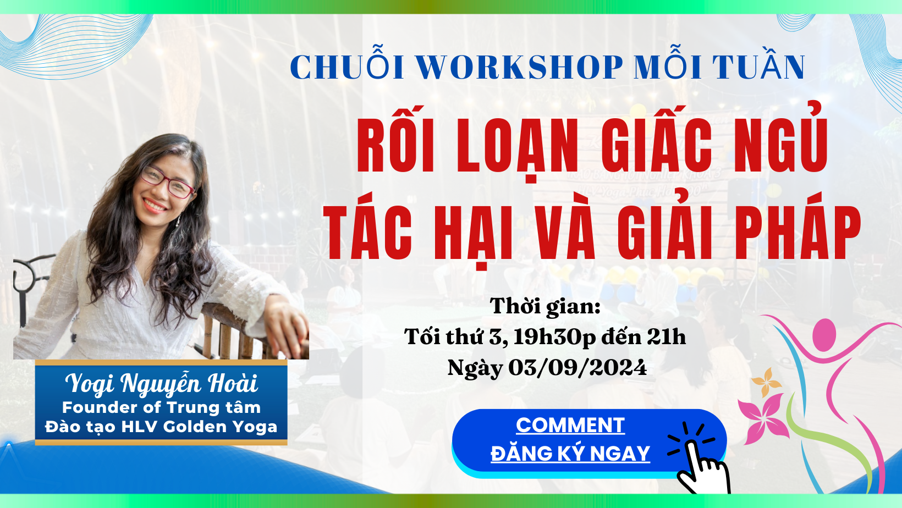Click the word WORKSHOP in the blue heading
pyautogui.click(x=519, y=67)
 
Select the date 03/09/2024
pyautogui.click(x=577, y=367)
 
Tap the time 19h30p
pyautogui.click(x=554, y=338)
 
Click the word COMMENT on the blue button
pyautogui.click(x=570, y=425)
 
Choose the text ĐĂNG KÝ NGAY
pyautogui.click(x=570, y=453)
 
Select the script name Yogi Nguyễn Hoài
pyautogui.click(x=162, y=383)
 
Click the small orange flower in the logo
pyautogui.click(x=766, y=381)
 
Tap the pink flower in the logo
pyautogui.click(x=764, y=418)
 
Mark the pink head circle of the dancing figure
pyautogui.click(x=824, y=334)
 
